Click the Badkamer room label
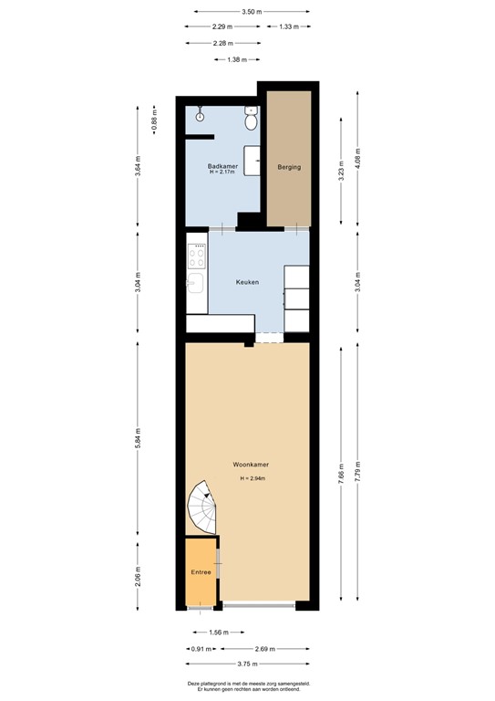point(222,165)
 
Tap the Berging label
point(289,167)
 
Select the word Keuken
point(247,282)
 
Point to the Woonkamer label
point(255,464)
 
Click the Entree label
point(201,572)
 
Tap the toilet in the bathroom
point(251,120)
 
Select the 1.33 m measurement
point(291,27)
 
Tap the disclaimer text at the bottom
point(248,685)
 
